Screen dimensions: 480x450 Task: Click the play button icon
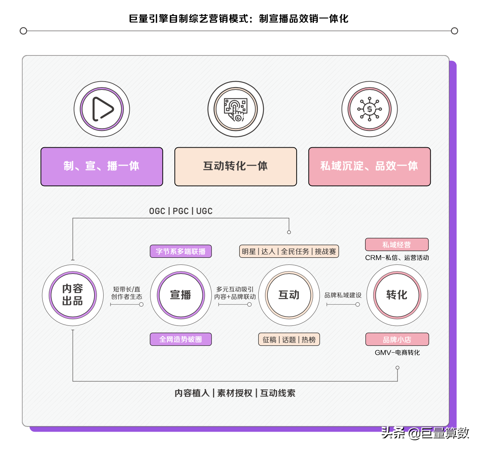tap(102, 109)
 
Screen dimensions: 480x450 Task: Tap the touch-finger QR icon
tap(235, 109)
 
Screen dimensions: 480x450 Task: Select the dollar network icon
tap(369, 109)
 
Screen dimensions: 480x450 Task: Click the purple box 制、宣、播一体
tap(102, 166)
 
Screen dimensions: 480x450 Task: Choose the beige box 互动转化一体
tap(235, 166)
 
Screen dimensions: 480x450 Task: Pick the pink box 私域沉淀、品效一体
tap(369, 166)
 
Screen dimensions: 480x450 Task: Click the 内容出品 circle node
tap(73, 295)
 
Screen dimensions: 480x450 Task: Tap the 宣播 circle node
tap(181, 295)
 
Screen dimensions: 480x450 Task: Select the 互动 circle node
tap(289, 295)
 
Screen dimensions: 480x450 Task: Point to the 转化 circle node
tap(397, 295)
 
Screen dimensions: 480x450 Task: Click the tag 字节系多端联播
tap(181, 252)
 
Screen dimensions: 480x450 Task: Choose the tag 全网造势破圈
tap(181, 339)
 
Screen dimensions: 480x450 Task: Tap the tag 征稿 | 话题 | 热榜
tap(289, 339)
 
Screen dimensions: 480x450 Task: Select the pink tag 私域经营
tap(397, 245)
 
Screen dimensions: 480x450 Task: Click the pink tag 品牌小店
tap(397, 339)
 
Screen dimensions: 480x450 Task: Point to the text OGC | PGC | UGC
tap(181, 211)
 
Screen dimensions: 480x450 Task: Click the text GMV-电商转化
tap(397, 352)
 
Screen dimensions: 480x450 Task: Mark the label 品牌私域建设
tap(343, 295)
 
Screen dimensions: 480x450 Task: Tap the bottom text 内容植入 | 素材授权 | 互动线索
tap(235, 393)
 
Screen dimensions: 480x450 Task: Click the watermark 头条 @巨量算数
tap(425, 433)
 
